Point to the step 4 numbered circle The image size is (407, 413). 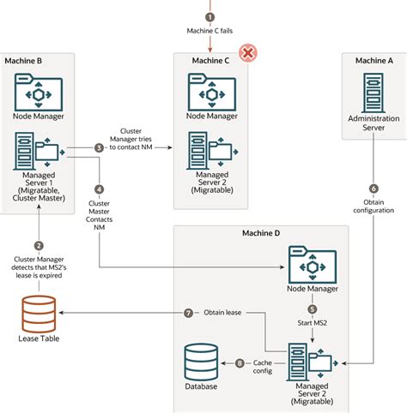click(99, 189)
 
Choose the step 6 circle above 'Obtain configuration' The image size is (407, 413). click(374, 188)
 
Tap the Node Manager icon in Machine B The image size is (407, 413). click(37, 92)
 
